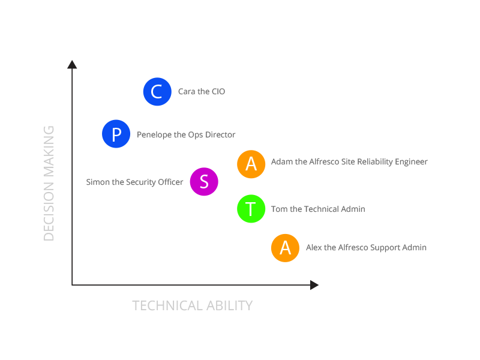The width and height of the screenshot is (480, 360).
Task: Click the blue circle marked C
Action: tap(157, 92)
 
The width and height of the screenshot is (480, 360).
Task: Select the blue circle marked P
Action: tap(116, 134)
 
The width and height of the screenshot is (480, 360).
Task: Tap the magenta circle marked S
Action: tap(204, 182)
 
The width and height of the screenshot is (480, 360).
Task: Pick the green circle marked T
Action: tap(251, 209)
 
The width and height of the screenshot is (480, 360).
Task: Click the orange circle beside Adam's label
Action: tap(251, 163)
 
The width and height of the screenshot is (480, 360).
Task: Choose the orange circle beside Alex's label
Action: tap(286, 247)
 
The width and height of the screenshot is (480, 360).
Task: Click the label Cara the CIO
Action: tap(202, 92)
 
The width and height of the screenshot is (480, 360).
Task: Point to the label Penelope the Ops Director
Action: tap(186, 134)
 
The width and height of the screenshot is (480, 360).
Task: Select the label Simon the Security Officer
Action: tap(134, 182)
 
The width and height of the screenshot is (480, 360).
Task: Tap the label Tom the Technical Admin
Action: tap(318, 209)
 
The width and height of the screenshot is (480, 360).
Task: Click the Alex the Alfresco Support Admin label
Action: tap(366, 247)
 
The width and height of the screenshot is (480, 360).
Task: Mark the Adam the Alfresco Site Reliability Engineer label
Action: tap(349, 161)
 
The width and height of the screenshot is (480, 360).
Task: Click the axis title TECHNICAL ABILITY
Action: tap(192, 305)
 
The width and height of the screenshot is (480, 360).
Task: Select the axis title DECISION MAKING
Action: tap(49, 183)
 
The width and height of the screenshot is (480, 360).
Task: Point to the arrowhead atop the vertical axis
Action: tap(72, 64)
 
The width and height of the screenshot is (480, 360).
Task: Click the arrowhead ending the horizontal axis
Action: tap(314, 285)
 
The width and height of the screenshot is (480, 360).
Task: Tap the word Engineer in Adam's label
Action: tap(410, 161)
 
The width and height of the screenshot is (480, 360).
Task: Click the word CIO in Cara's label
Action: tap(218, 92)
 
